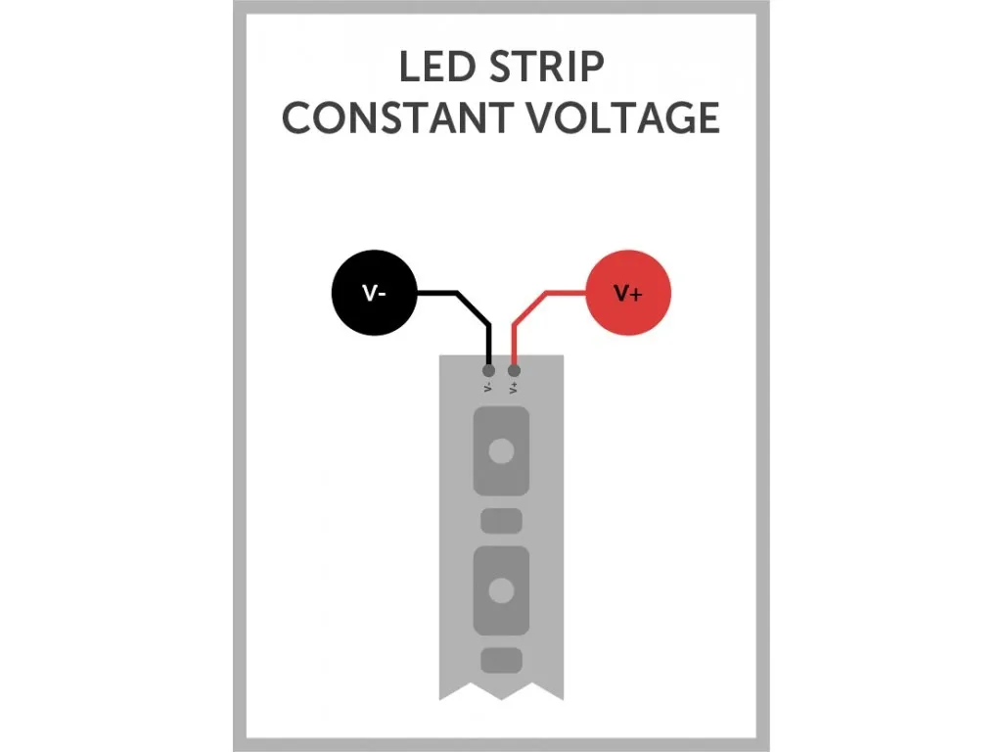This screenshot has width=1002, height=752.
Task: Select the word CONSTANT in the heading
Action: (396, 117)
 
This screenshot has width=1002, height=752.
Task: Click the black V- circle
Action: (375, 293)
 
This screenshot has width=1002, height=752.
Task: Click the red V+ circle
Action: (627, 293)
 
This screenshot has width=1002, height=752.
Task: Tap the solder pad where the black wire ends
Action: (489, 370)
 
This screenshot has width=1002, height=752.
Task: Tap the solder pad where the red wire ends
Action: (514, 370)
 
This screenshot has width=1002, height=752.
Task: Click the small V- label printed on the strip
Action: (488, 388)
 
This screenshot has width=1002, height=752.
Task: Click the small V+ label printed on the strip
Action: (514, 388)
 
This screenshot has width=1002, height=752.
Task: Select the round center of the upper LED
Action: (501, 450)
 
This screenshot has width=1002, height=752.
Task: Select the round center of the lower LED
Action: (501, 590)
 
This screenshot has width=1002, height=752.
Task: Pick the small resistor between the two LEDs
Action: (501, 521)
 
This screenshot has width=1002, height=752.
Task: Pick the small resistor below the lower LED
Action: (501, 660)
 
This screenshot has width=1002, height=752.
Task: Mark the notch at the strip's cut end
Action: (501, 696)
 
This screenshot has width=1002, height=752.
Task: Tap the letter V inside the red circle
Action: (621, 293)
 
